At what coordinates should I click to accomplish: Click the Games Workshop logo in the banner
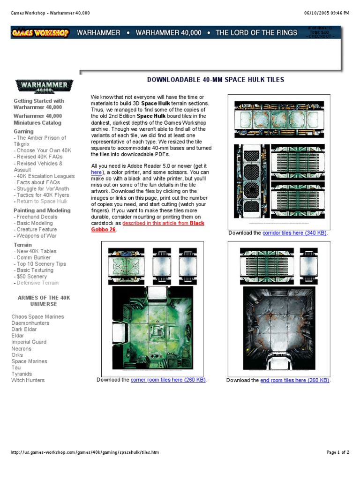(x=40, y=33)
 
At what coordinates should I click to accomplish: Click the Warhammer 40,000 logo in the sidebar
(x=44, y=87)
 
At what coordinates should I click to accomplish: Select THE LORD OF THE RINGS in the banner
(x=256, y=33)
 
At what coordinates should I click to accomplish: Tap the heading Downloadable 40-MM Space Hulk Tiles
(x=216, y=80)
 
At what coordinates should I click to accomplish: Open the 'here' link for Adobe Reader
(x=96, y=172)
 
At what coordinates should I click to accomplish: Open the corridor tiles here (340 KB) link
(x=294, y=233)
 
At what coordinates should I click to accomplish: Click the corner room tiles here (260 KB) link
(x=168, y=380)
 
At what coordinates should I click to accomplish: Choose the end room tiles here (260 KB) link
(x=295, y=380)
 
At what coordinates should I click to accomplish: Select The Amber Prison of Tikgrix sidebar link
(x=40, y=141)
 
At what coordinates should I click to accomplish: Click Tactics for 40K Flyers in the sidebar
(x=42, y=195)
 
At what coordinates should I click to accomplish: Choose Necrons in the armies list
(x=22, y=349)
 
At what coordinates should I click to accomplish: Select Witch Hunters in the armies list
(x=28, y=380)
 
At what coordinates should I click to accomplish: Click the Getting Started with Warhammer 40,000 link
(x=39, y=104)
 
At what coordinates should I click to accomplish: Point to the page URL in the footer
(x=85, y=452)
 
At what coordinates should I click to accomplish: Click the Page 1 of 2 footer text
(x=337, y=452)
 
